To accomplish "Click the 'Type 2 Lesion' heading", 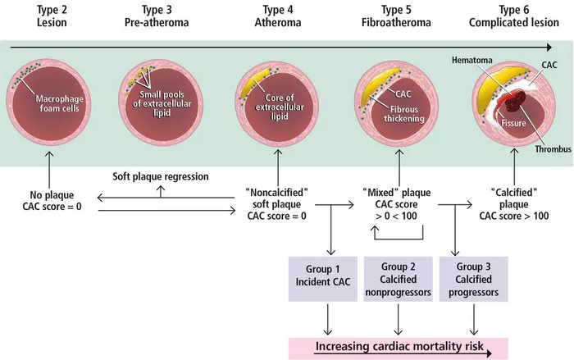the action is pos(52,16).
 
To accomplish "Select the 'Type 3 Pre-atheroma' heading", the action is pos(157,16).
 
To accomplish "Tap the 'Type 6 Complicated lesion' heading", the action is pos(514,16).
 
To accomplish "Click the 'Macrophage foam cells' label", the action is pos(59,103).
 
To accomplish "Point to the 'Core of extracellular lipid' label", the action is pos(280,107).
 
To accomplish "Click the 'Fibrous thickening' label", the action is pos(404,114).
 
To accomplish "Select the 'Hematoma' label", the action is pos(471,60).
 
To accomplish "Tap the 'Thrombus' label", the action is pos(553,149).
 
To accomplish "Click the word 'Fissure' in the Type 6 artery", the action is pos(513,123).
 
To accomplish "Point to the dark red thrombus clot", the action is pos(516,100).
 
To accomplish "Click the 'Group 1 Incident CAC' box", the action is pos(323,279).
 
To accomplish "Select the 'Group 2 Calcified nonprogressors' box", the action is pos(398,279).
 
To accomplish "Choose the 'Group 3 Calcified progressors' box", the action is pos(473,279).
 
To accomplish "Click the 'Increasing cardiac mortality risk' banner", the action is pos(399,349).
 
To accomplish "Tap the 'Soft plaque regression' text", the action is pos(161,176).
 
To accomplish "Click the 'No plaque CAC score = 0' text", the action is pos(52,201).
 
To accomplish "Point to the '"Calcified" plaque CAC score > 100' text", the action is pos(514,204).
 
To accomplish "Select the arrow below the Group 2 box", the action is pos(398,319).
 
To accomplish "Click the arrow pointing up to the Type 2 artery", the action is pos(49,171).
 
